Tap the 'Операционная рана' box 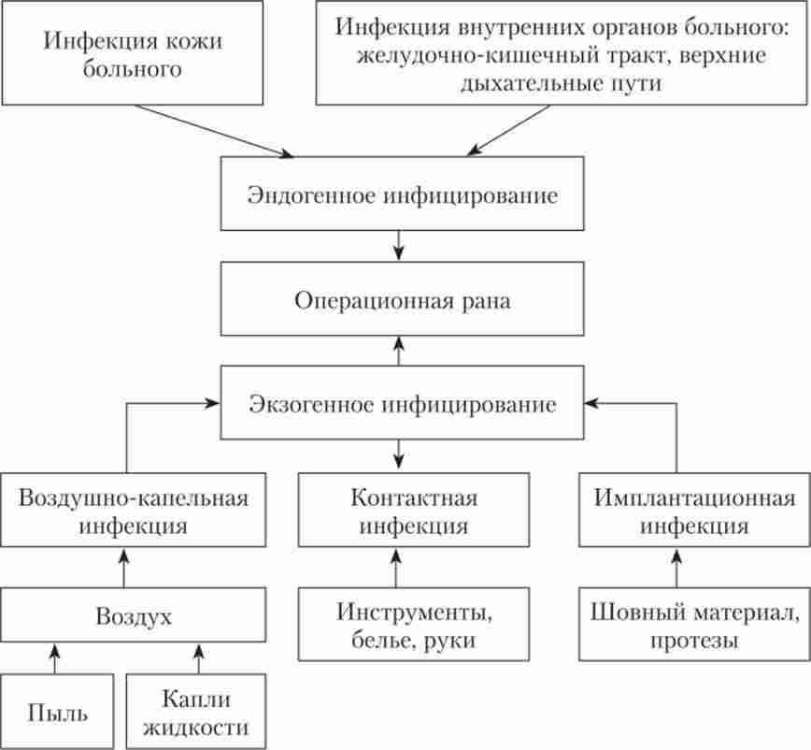tap(403, 301)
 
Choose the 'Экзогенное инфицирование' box tap(403, 405)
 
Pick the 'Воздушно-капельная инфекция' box tap(134, 510)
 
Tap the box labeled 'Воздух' tap(134, 616)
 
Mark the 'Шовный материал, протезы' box tap(694, 626)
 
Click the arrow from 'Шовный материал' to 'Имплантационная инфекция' tap(676, 567)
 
